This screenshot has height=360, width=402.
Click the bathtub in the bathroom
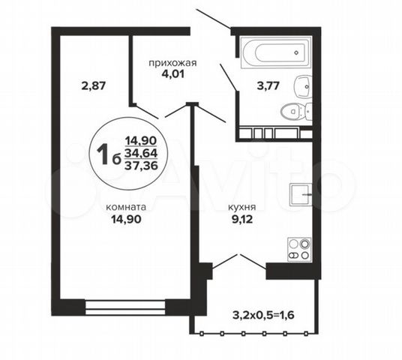pyautogui.click(x=276, y=52)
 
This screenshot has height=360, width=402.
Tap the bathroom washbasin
pyautogui.click(x=304, y=87)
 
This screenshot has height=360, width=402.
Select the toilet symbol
pyautogui.click(x=296, y=112)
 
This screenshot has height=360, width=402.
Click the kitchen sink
pyautogui.click(x=301, y=194)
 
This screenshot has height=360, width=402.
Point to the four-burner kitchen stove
pyautogui.click(x=299, y=250)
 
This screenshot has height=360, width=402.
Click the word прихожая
pyautogui.click(x=172, y=63)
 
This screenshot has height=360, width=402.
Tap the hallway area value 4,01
pyautogui.click(x=172, y=74)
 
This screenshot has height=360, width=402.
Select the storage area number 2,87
pyautogui.click(x=93, y=85)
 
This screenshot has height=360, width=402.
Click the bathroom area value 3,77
pyautogui.click(x=268, y=85)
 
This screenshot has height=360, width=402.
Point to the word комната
pyautogui.click(x=126, y=207)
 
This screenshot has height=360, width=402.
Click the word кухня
pyautogui.click(x=242, y=207)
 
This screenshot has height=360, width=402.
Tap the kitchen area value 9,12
pyautogui.click(x=242, y=219)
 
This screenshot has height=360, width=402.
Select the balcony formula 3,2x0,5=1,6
pyautogui.click(x=263, y=315)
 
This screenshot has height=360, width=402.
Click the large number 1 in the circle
pyautogui.click(x=103, y=154)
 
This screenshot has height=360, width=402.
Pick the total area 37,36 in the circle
pyautogui.click(x=141, y=166)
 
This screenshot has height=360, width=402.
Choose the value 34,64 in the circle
pyautogui.click(x=141, y=153)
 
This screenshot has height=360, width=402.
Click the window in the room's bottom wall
pyautogui.click(x=125, y=307)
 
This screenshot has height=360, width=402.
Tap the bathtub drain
pyautogui.click(x=296, y=52)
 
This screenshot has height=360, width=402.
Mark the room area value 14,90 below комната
pyautogui.click(x=126, y=219)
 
